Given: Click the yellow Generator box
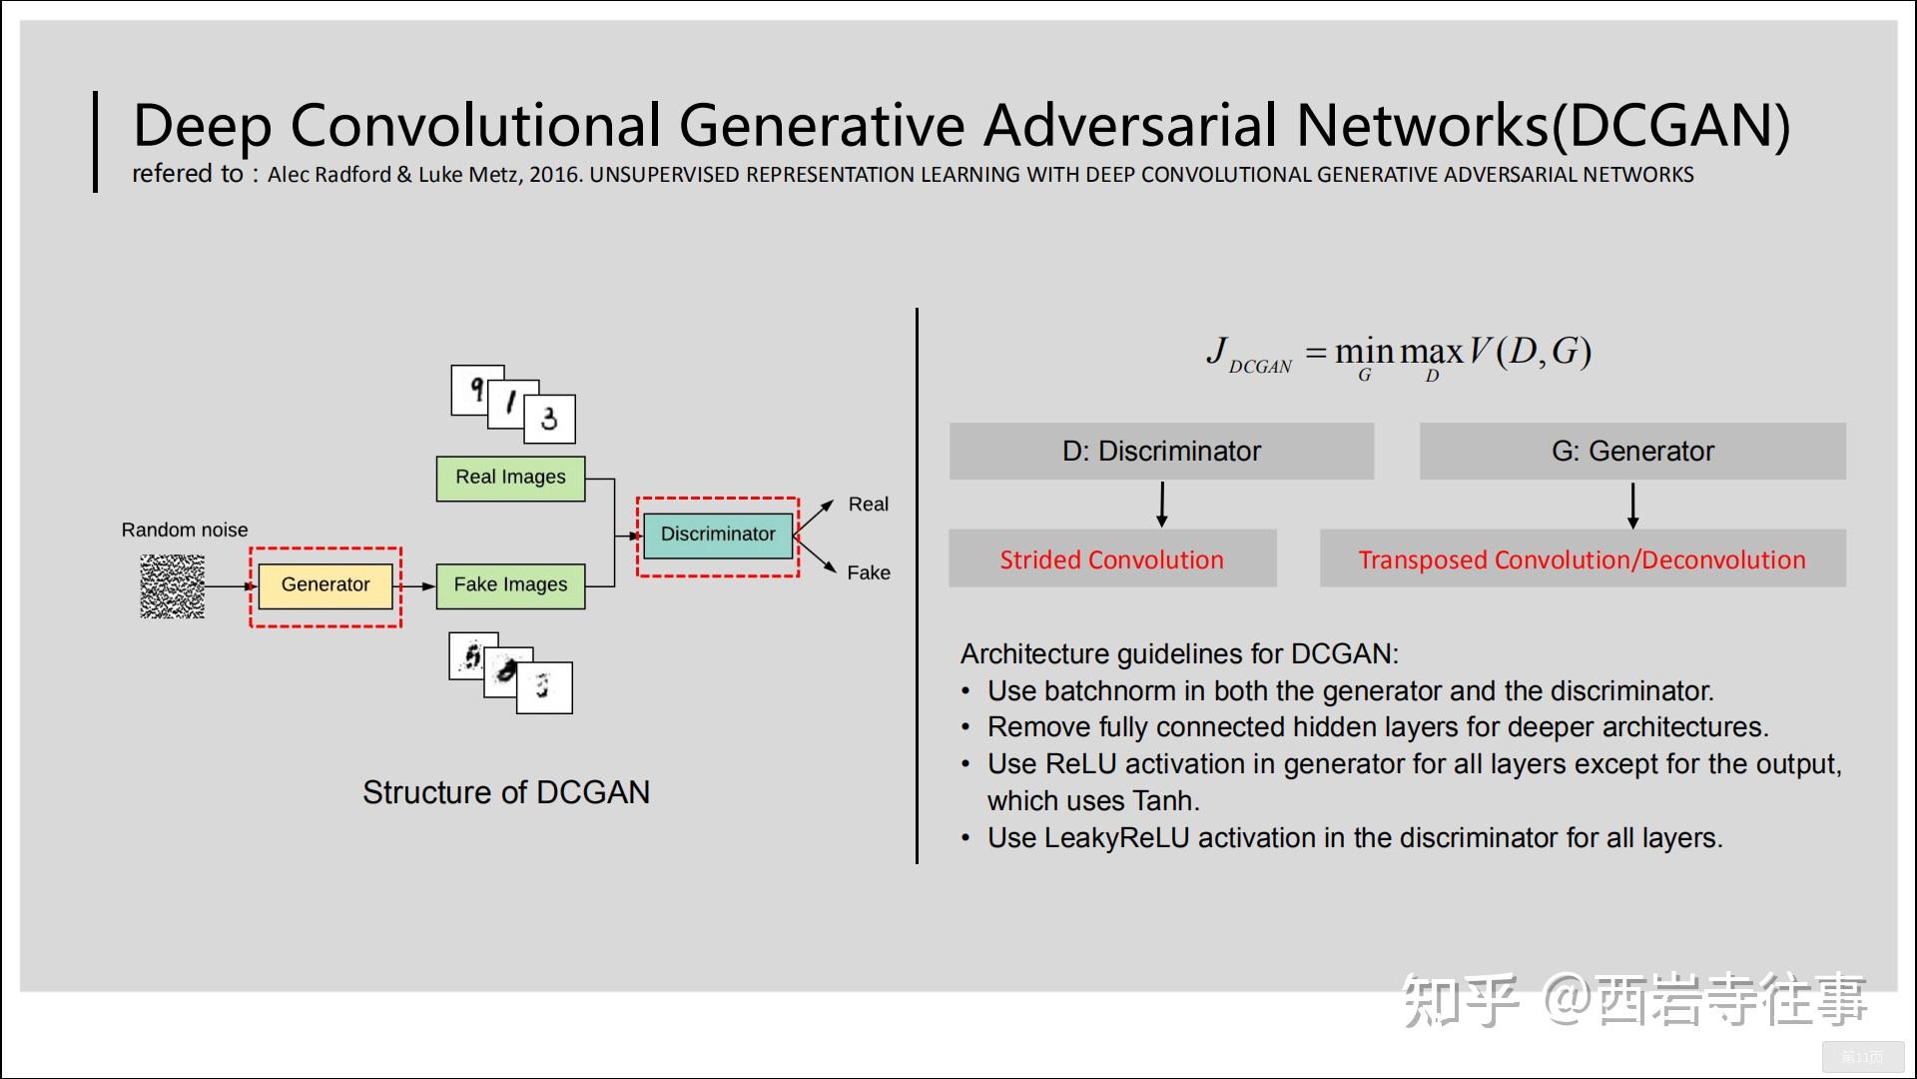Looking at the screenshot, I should (x=325, y=585).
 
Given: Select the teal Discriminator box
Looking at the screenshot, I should (x=718, y=535).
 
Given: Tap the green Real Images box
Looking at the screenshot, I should (x=510, y=478).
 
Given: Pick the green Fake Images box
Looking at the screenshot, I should (x=510, y=585).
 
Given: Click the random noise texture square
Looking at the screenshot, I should (x=173, y=586).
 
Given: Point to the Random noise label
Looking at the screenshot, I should (x=185, y=530).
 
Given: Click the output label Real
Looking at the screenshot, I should (x=868, y=505).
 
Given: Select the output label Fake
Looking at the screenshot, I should (x=868, y=572).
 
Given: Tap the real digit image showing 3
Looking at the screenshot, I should (x=550, y=419).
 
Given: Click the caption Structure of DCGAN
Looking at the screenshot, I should (x=505, y=792).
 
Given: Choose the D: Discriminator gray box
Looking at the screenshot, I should (x=1161, y=451).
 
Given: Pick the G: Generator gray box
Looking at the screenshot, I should (x=1632, y=451).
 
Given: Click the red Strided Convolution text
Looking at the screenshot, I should (x=1111, y=559).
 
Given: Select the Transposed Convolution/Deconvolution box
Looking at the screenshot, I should (x=1582, y=559).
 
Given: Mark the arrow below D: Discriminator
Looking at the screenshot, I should (x=1161, y=505).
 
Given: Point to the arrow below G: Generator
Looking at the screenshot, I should (x=1632, y=505).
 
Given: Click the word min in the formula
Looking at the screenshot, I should (x=1364, y=352).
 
